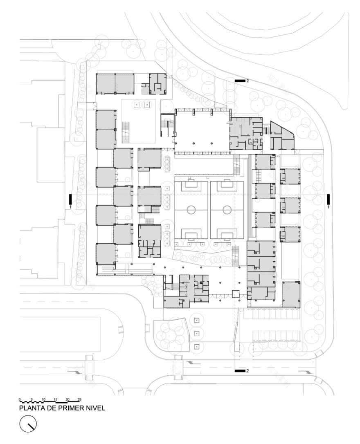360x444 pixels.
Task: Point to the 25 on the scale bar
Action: pyautogui.click(x=79, y=399)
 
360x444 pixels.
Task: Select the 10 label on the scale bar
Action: pyautogui.click(x=43, y=399)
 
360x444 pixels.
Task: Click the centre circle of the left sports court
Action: pyautogui.click(x=191, y=210)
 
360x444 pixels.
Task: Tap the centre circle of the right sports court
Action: pyautogui.click(x=227, y=210)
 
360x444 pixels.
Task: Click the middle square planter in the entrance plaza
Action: pyautogui.click(x=197, y=333)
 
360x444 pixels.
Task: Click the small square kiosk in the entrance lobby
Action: pyautogui.click(x=236, y=294)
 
